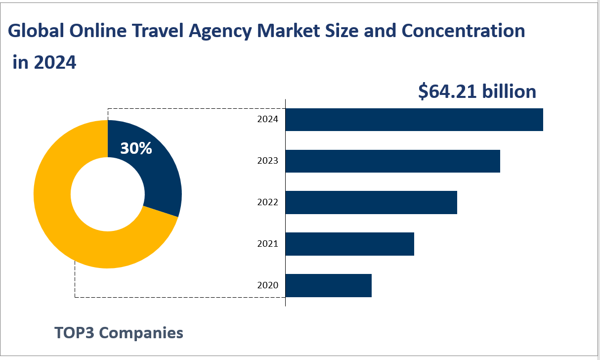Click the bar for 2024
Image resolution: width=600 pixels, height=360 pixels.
tap(414, 120)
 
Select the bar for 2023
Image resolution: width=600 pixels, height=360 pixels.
tap(393, 161)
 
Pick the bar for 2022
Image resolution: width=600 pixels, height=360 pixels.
tap(371, 202)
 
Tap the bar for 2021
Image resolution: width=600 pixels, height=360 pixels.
tap(350, 244)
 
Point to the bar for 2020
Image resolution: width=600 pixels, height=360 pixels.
tap(328, 285)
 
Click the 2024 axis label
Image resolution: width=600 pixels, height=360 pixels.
tap(268, 120)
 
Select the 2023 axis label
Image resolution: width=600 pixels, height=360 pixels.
tap(268, 161)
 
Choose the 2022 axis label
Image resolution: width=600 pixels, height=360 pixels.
tap(268, 202)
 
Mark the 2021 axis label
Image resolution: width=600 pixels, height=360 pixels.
tap(268, 244)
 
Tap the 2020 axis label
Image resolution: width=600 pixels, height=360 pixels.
tap(268, 285)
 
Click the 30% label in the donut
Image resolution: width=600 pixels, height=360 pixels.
tap(136, 148)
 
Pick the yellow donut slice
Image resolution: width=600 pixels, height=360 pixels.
tap(64, 223)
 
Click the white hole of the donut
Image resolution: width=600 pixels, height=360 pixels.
tap(108, 194)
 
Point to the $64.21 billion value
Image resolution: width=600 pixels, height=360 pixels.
tap(477, 92)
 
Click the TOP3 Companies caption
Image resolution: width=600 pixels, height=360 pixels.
tap(119, 333)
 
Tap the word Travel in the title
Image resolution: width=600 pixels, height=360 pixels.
tap(158, 31)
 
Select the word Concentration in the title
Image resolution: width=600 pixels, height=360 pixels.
tap(463, 31)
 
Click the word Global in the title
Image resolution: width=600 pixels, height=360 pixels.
tap(35, 31)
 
